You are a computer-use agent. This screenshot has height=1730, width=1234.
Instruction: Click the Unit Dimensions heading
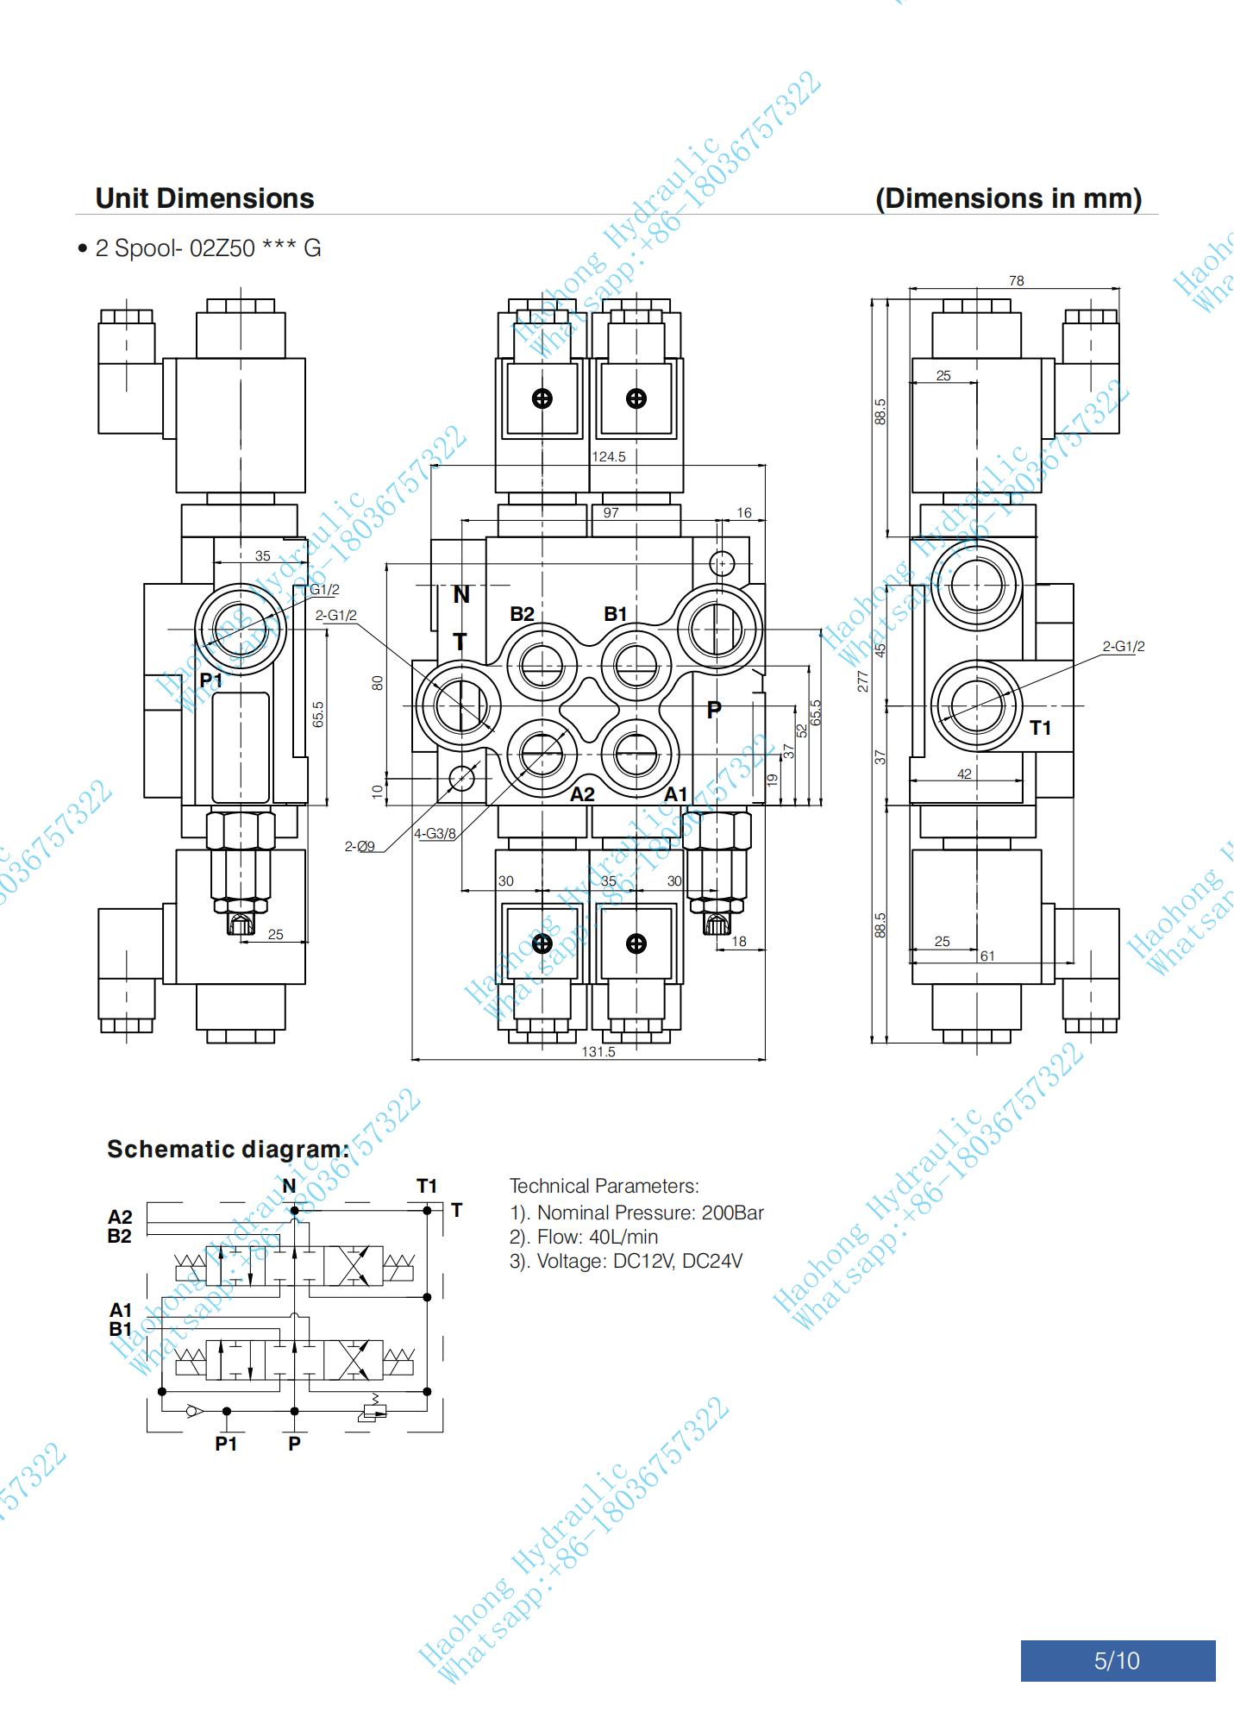coord(204,198)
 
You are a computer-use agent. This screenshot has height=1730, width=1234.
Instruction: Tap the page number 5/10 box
coord(1118,1660)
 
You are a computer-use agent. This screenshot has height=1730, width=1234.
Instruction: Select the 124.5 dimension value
coord(609,456)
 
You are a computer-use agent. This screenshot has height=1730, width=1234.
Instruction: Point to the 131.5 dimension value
coord(598,1051)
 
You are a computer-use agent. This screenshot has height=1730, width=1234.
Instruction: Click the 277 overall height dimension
coord(863,680)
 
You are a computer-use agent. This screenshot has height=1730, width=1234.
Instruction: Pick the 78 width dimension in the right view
coord(1016,280)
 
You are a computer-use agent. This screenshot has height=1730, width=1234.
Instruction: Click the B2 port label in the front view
coord(522,614)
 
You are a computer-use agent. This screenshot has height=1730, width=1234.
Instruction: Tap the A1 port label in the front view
coord(675,793)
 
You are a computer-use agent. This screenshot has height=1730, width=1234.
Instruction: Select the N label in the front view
coord(461,594)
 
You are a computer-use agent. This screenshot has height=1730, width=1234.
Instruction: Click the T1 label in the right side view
coord(1041,728)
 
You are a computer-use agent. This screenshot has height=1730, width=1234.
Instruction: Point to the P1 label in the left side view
coord(211,680)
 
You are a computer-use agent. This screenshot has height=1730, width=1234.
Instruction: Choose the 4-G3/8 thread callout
coord(435,834)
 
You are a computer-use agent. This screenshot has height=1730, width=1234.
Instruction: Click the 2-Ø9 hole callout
coord(360,846)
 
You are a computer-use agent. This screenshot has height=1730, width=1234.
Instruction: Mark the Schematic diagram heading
coord(228,1149)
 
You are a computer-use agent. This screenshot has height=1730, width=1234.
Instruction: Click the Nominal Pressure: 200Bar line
coord(636,1213)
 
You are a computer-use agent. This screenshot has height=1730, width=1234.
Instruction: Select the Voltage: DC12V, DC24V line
coord(625,1261)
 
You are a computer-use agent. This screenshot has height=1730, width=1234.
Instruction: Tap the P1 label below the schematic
coord(226,1444)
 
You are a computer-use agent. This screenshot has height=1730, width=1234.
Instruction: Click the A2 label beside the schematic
coord(120,1217)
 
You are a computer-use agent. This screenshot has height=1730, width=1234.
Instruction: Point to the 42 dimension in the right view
coord(964,774)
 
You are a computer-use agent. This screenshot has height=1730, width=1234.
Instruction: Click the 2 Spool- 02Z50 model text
coord(207,248)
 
